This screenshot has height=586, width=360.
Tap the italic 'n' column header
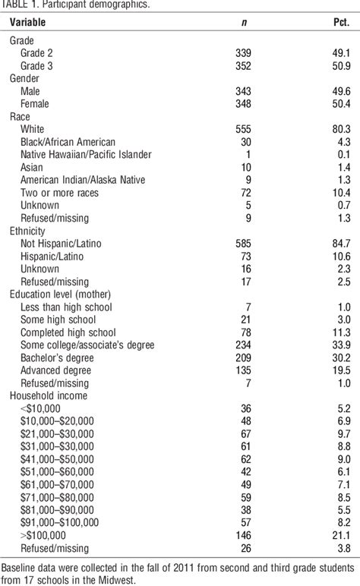(x=243, y=22)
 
